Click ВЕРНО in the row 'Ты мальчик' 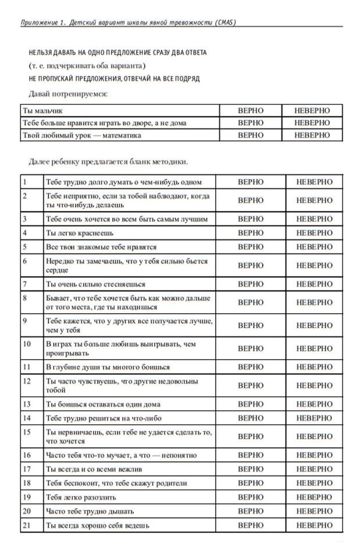[x=251, y=110]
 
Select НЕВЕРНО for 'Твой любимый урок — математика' [x=312, y=135]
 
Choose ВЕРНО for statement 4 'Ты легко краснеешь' [x=251, y=233]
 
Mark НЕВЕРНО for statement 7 [x=314, y=284]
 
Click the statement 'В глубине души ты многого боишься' [x=108, y=367]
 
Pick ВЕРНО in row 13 [x=251, y=404]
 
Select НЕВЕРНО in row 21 [x=314, y=525]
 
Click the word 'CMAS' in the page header [x=222, y=22]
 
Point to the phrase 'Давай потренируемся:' [x=69, y=93]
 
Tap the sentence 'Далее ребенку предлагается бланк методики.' [x=108, y=161]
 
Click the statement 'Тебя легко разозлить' [x=81, y=497]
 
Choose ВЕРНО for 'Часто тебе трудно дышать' [x=251, y=511]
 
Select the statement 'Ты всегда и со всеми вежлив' [x=94, y=469]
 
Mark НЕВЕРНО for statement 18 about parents [x=314, y=483]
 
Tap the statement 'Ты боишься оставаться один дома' [x=104, y=404]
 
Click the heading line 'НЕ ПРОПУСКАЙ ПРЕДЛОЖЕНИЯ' [x=114, y=78]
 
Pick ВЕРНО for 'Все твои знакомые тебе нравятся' [x=251, y=247]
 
